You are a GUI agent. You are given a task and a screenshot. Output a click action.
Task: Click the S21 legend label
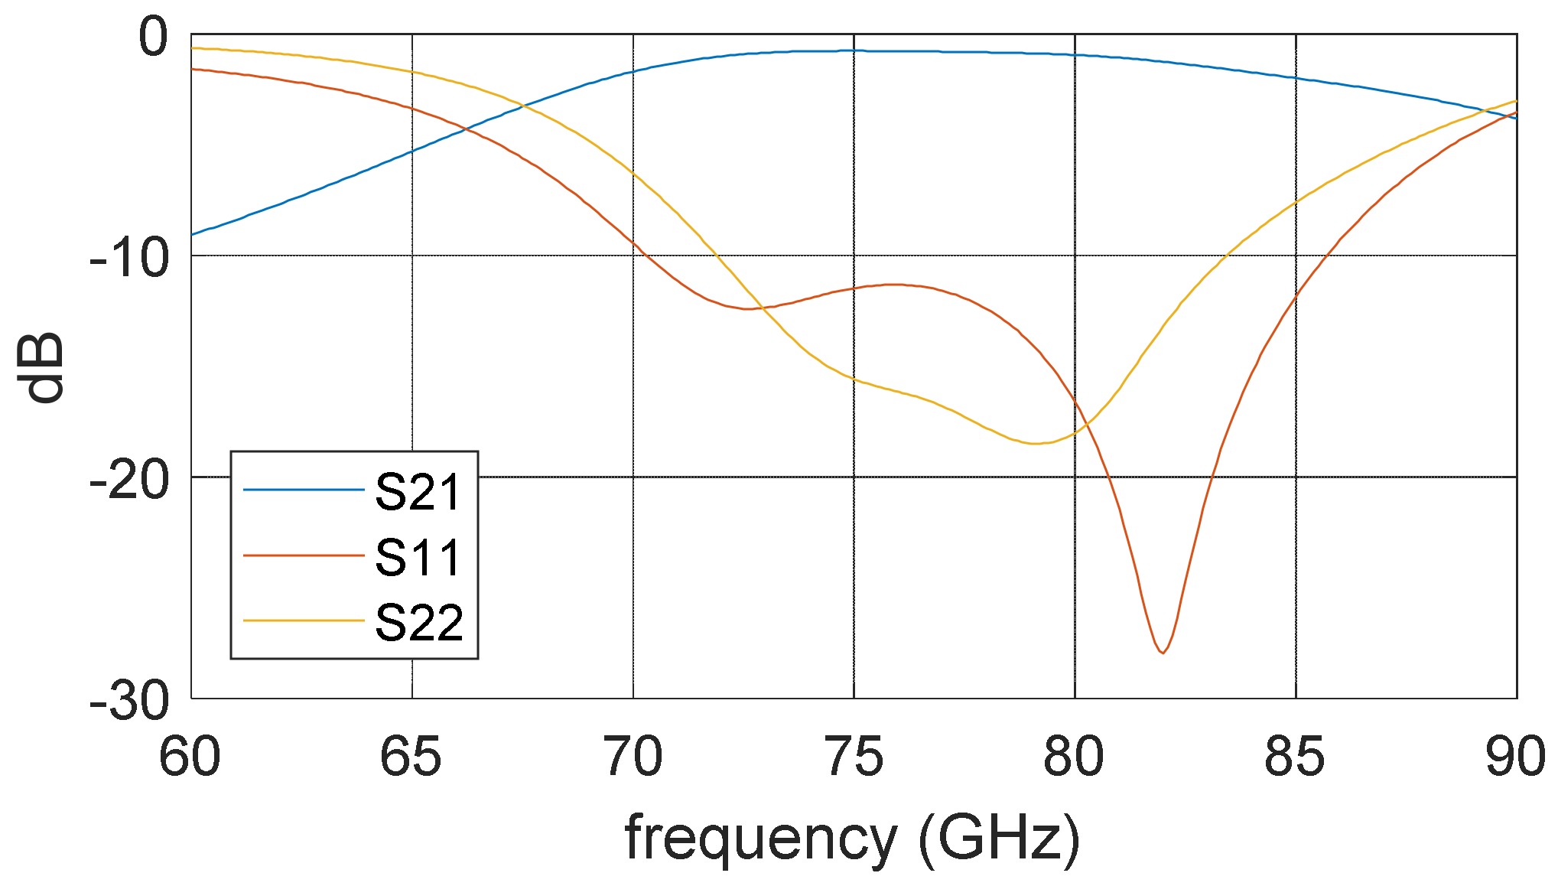418,492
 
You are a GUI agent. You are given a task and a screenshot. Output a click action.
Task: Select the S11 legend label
418,557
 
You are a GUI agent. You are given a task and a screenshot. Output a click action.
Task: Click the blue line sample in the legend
304,490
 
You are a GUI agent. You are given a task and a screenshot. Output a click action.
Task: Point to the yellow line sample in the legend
304,621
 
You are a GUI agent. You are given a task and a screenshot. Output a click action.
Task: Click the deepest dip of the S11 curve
1163,653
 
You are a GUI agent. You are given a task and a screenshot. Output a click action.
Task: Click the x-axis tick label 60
190,757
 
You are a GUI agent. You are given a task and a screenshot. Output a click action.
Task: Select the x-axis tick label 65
411,757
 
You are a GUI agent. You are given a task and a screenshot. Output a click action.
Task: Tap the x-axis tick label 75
854,757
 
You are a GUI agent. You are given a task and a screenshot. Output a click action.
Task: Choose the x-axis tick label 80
1074,757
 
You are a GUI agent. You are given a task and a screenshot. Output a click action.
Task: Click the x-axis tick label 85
1294,757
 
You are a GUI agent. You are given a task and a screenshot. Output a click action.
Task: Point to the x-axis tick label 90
1514,757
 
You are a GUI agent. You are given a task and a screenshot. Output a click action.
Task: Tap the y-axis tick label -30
128,701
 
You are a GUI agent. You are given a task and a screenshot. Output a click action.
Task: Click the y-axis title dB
42,367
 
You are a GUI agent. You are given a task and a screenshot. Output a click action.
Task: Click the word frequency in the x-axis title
761,838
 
